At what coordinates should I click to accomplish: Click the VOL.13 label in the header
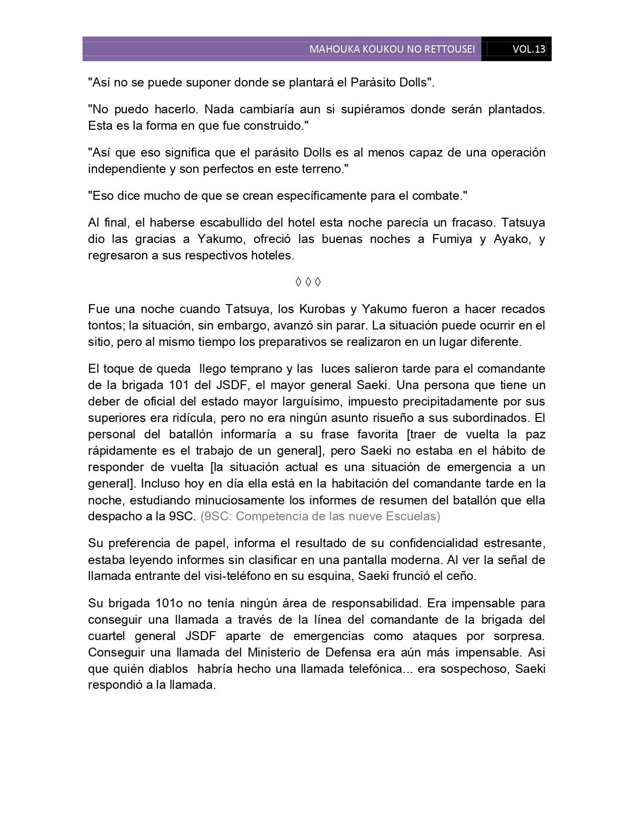[529, 49]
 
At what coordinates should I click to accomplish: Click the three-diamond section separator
[308, 282]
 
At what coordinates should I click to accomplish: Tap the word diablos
[166, 669]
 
